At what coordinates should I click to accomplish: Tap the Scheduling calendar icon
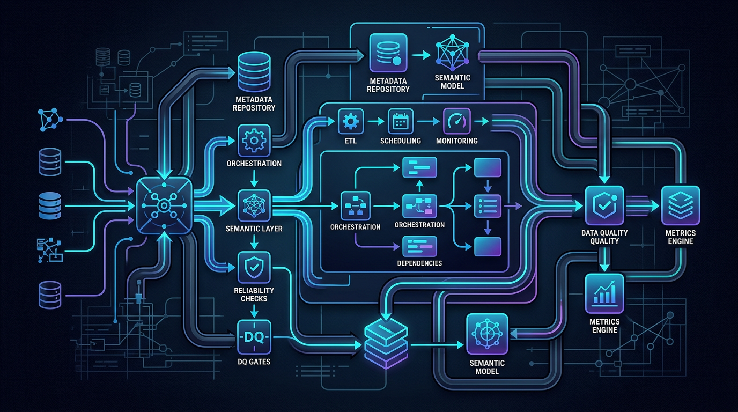[x=401, y=122]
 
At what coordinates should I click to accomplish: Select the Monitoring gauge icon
[x=457, y=122]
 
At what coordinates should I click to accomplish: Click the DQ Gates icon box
[x=254, y=337]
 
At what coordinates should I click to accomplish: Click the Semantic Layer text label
[x=254, y=229]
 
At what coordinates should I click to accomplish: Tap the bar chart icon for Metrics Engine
[x=604, y=293]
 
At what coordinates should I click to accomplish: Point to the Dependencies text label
[x=419, y=263]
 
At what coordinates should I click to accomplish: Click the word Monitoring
[x=457, y=141]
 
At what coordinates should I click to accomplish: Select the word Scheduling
[x=401, y=141]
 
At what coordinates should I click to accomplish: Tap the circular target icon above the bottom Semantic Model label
[x=486, y=334]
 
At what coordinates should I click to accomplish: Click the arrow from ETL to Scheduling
[x=375, y=122]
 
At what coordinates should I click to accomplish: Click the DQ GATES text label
[x=254, y=362]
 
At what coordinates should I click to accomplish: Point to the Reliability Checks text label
[x=254, y=295]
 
